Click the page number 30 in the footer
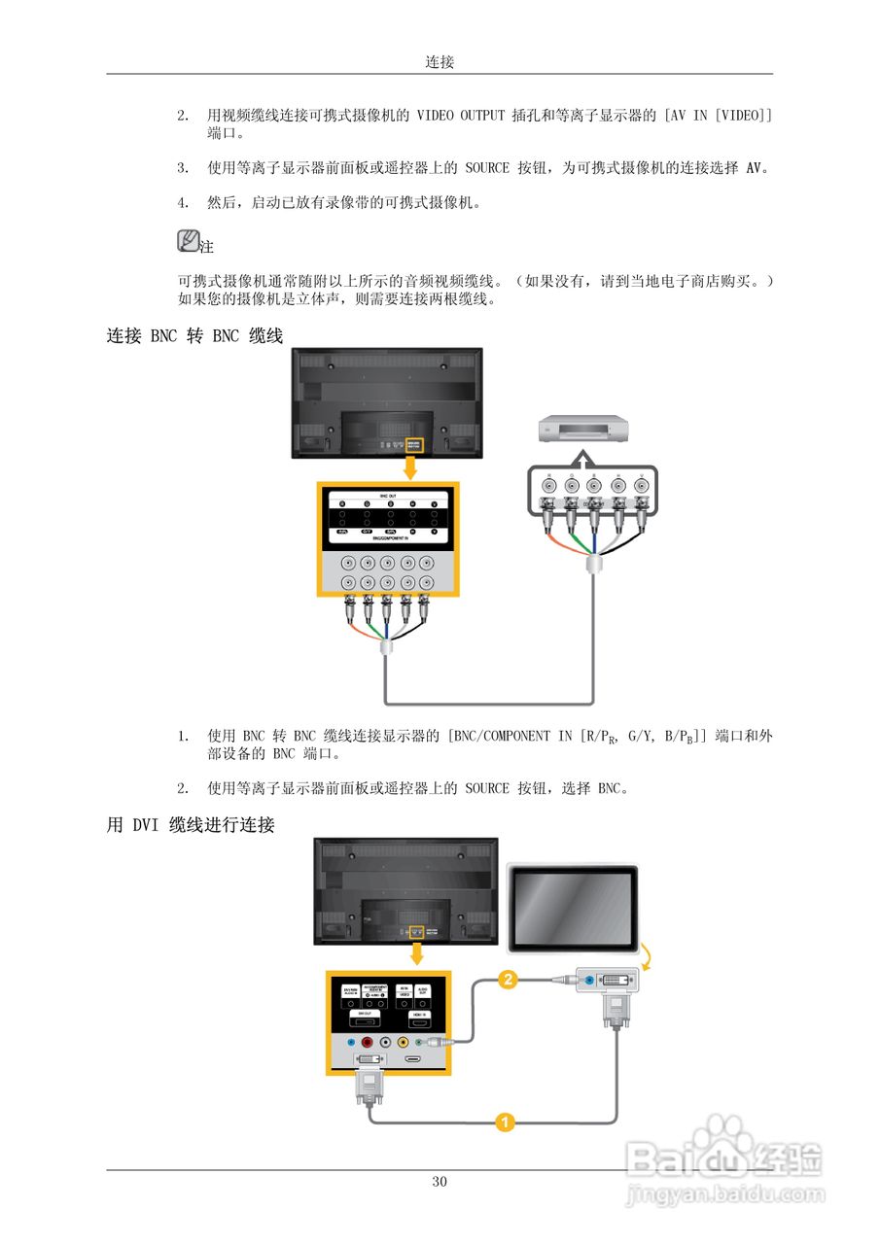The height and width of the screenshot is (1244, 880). (440, 1182)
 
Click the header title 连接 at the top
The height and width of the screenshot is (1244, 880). (440, 61)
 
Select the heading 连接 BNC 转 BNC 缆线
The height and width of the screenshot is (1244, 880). (194, 336)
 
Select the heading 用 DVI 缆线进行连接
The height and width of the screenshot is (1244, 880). (191, 826)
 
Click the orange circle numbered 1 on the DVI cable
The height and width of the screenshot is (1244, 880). (504, 1123)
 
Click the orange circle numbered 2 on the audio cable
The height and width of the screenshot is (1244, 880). (507, 981)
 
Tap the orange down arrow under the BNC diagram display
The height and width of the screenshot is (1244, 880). (411, 468)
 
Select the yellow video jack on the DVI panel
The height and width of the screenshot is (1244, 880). (404, 1043)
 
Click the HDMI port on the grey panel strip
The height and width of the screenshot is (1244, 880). (413, 1059)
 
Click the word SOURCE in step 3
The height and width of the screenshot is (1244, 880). (486, 167)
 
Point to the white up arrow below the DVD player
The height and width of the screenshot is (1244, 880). (581, 457)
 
